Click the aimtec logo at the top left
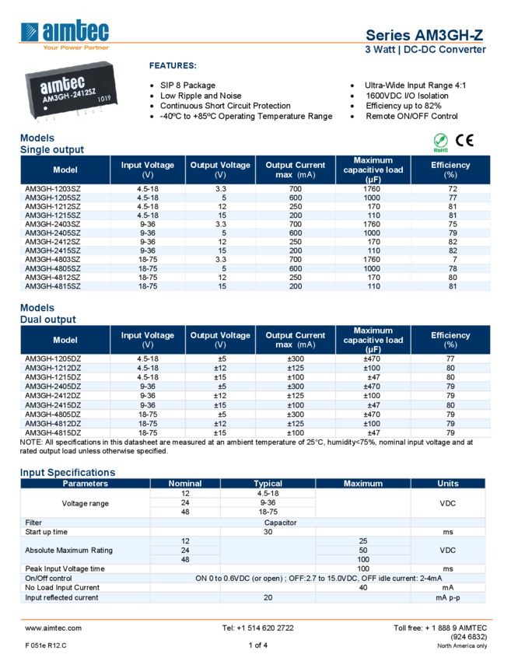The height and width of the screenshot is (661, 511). point(65,34)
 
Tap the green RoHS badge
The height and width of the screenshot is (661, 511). point(441,142)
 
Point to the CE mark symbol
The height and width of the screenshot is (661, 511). point(464,141)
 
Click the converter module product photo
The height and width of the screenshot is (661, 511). point(71,93)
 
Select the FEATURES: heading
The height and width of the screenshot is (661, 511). point(173,66)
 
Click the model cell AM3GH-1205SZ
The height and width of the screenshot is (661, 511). point(52,198)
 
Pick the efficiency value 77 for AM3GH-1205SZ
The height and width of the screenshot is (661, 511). point(451,198)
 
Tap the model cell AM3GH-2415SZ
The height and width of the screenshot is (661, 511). point(52,250)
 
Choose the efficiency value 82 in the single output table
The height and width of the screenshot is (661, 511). point(451,250)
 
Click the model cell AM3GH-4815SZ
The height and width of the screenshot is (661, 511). point(52,285)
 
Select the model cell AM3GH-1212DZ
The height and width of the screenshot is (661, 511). point(52,368)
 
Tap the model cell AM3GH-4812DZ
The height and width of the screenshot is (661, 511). point(52,424)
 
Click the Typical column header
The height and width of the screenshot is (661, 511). point(268,484)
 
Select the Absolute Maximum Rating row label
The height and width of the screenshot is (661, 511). point(68,550)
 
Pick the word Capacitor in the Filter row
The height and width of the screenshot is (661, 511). point(280,523)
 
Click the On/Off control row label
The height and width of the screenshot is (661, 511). point(48,578)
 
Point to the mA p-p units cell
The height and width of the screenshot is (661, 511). point(448,597)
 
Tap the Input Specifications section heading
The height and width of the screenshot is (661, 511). point(68,472)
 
